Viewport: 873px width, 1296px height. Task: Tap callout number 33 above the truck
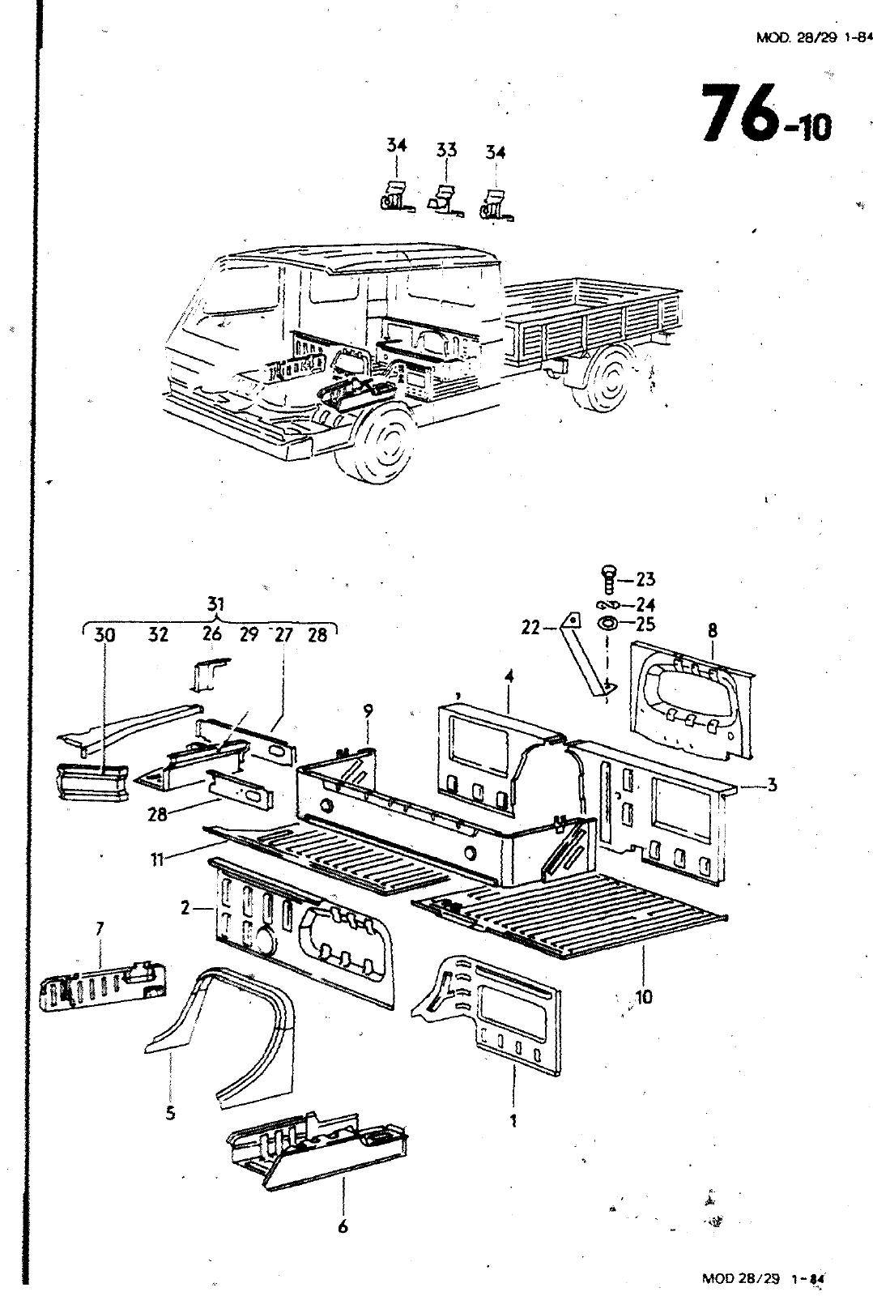pyautogui.click(x=446, y=150)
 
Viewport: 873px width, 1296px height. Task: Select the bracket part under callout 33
pyautogui.click(x=445, y=201)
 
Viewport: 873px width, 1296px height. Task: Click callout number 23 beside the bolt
pyautogui.click(x=645, y=578)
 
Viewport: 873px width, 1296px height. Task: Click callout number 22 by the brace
pyautogui.click(x=530, y=627)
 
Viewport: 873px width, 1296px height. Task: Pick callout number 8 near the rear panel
pyautogui.click(x=712, y=630)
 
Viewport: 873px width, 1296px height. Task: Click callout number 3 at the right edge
pyautogui.click(x=771, y=785)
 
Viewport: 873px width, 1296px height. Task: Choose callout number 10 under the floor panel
pyautogui.click(x=643, y=996)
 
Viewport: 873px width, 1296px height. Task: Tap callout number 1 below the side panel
pyautogui.click(x=513, y=1121)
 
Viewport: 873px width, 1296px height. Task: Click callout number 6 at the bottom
pyautogui.click(x=343, y=1226)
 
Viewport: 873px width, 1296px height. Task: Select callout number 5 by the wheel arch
pyautogui.click(x=170, y=1113)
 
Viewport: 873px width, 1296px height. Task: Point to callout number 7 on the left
pyautogui.click(x=100, y=928)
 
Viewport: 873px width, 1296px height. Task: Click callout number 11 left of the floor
pyautogui.click(x=157, y=859)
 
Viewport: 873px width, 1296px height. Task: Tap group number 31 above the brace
pyautogui.click(x=215, y=604)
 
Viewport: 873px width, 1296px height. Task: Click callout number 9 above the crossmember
pyautogui.click(x=368, y=711)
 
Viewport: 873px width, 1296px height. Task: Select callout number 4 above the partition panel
pyautogui.click(x=509, y=676)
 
